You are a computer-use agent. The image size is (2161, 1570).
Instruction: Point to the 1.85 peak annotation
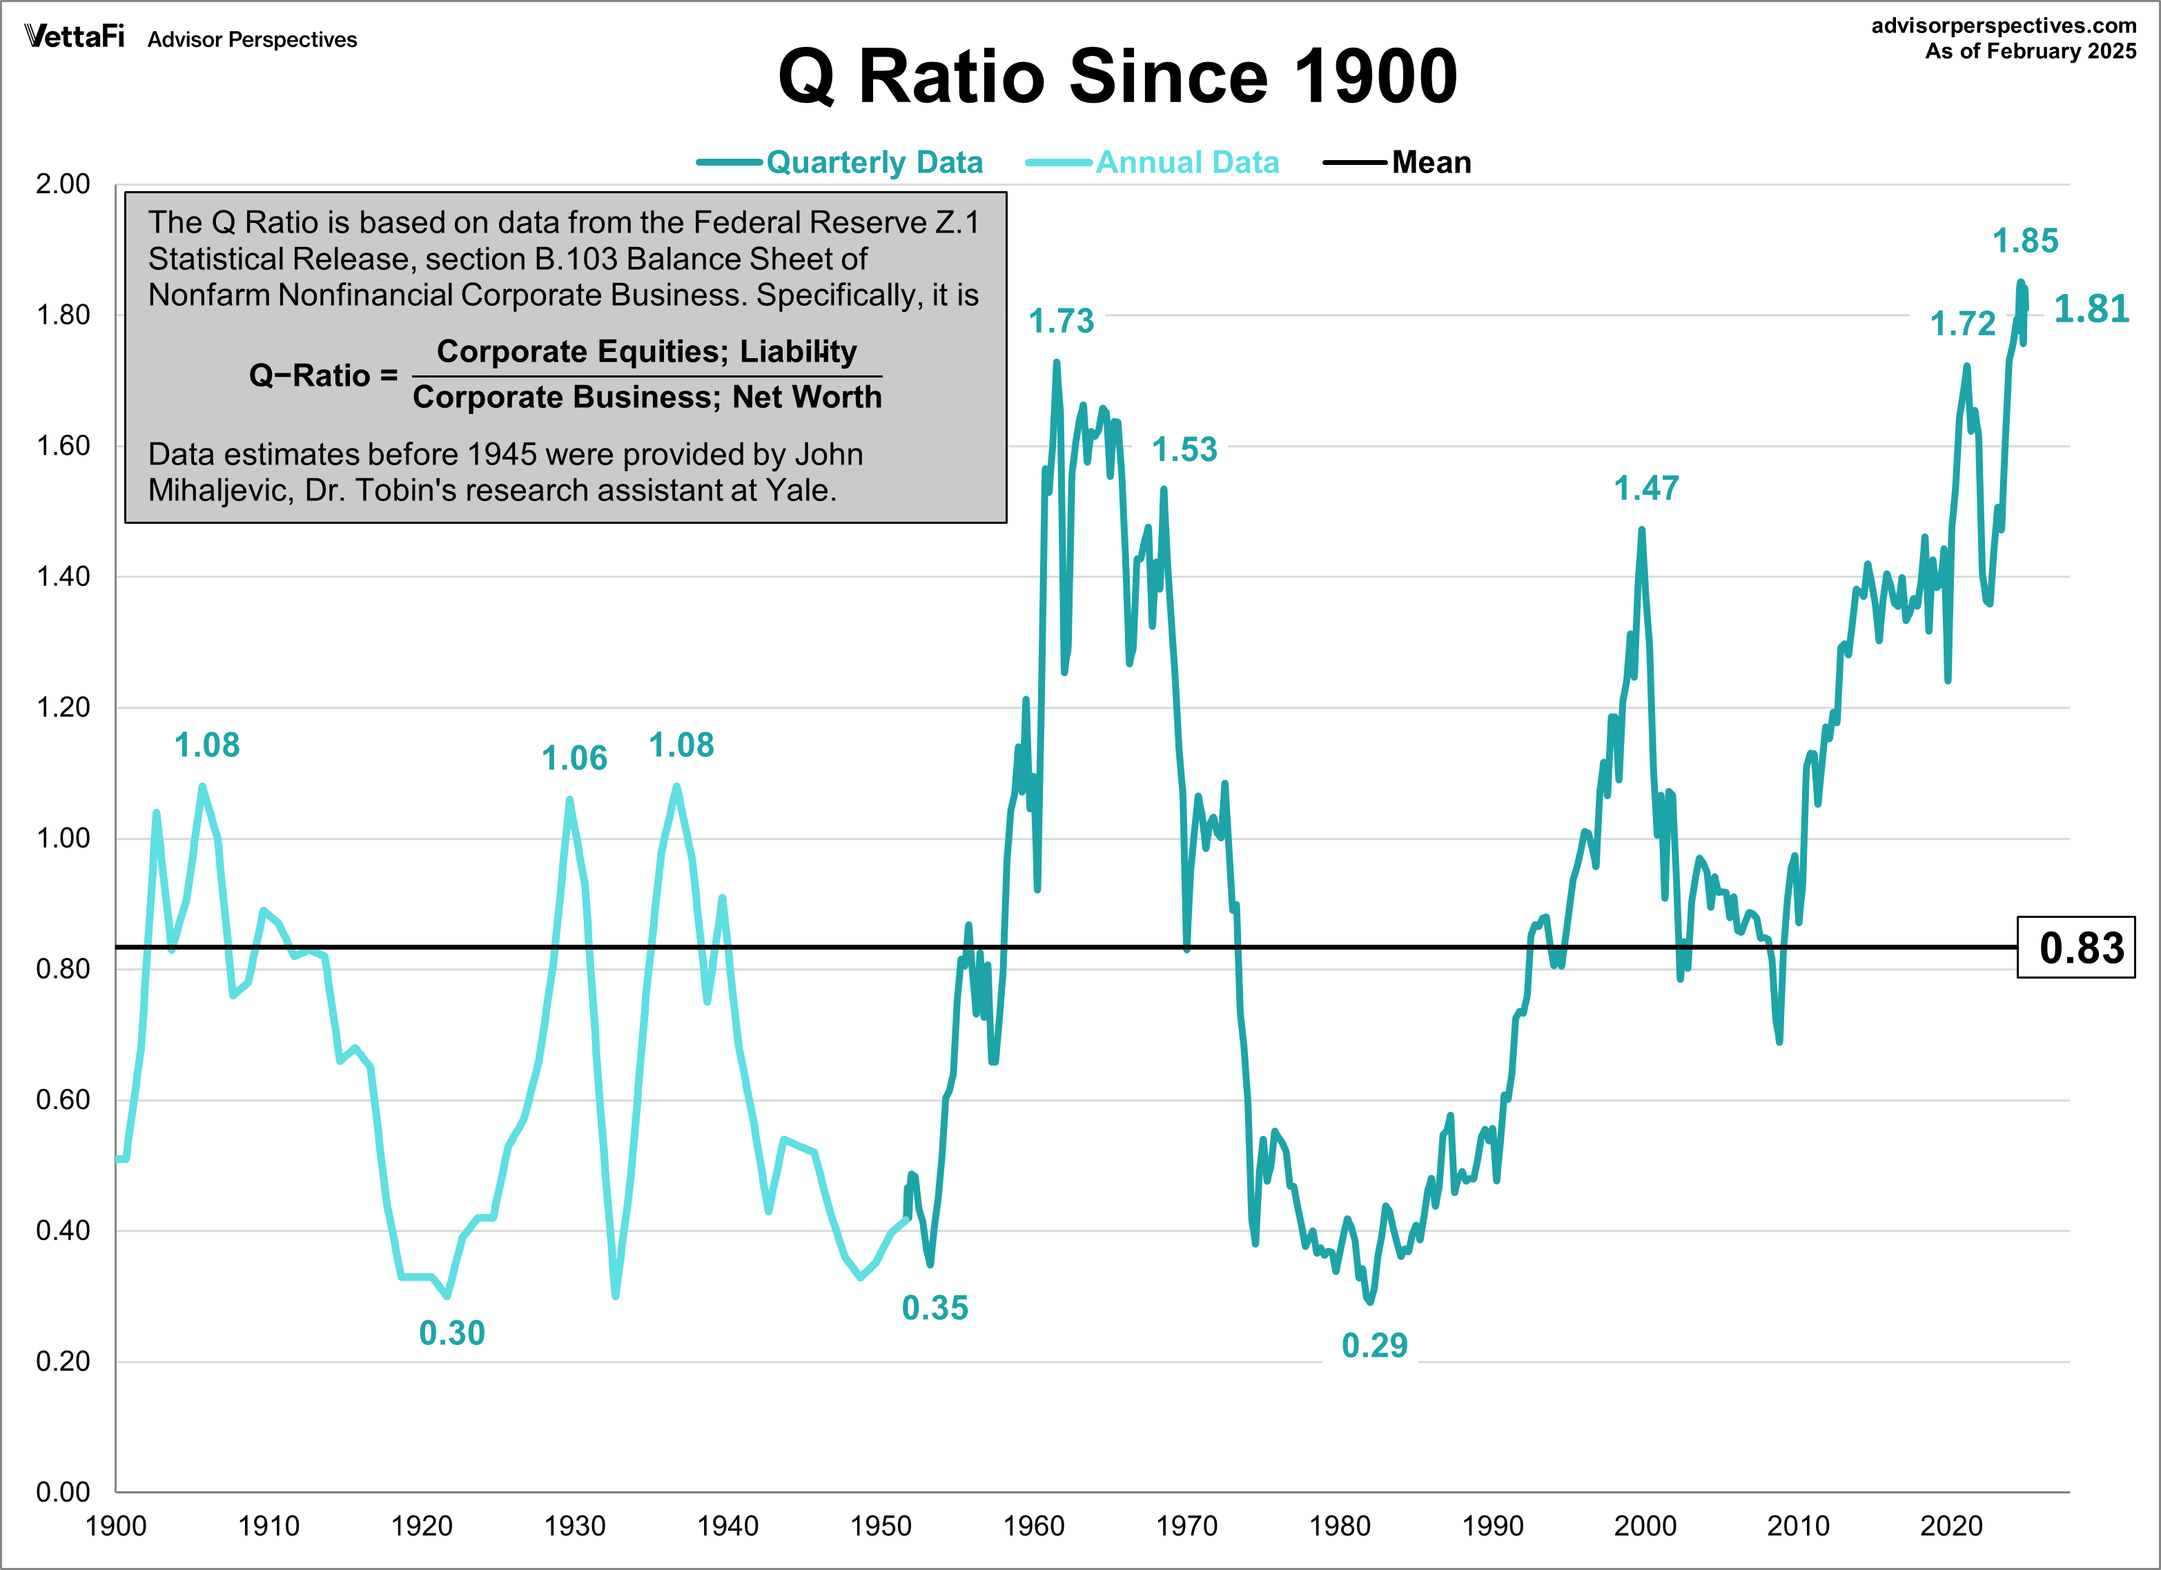click(x=2025, y=241)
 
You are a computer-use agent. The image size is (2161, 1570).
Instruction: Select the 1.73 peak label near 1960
click(x=1061, y=321)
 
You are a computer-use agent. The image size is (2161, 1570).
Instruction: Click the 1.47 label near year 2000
click(x=1645, y=489)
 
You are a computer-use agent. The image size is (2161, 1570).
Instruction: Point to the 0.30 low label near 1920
click(x=451, y=1333)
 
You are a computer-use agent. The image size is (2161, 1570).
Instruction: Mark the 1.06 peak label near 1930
click(x=574, y=758)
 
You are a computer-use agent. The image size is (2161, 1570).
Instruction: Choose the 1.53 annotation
click(x=1184, y=450)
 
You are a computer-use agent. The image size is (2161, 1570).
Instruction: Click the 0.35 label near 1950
click(x=934, y=1308)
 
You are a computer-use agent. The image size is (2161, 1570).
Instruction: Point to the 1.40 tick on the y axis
click(x=63, y=576)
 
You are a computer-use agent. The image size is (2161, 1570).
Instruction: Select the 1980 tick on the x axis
click(x=1339, y=1526)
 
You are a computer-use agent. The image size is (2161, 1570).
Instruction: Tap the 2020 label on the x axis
click(x=1950, y=1526)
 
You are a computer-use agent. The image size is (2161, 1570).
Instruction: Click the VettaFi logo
click(x=75, y=37)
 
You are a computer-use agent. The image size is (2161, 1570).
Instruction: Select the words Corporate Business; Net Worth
click(x=647, y=398)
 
